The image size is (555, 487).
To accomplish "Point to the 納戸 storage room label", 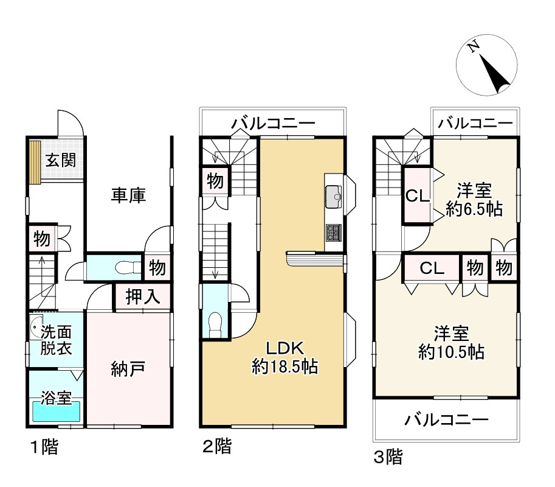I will coord(128,368).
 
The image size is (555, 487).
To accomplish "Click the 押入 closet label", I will coord(143,298).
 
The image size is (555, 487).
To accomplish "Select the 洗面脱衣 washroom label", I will coord(57,341).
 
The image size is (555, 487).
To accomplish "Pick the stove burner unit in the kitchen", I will coord(334,233).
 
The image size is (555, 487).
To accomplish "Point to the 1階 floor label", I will coord(44,449).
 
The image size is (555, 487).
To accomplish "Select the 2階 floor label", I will coord(216,447).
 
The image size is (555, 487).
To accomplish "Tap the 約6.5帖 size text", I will coord(473,210).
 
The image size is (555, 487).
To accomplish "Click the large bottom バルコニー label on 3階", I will coord(447,419).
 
